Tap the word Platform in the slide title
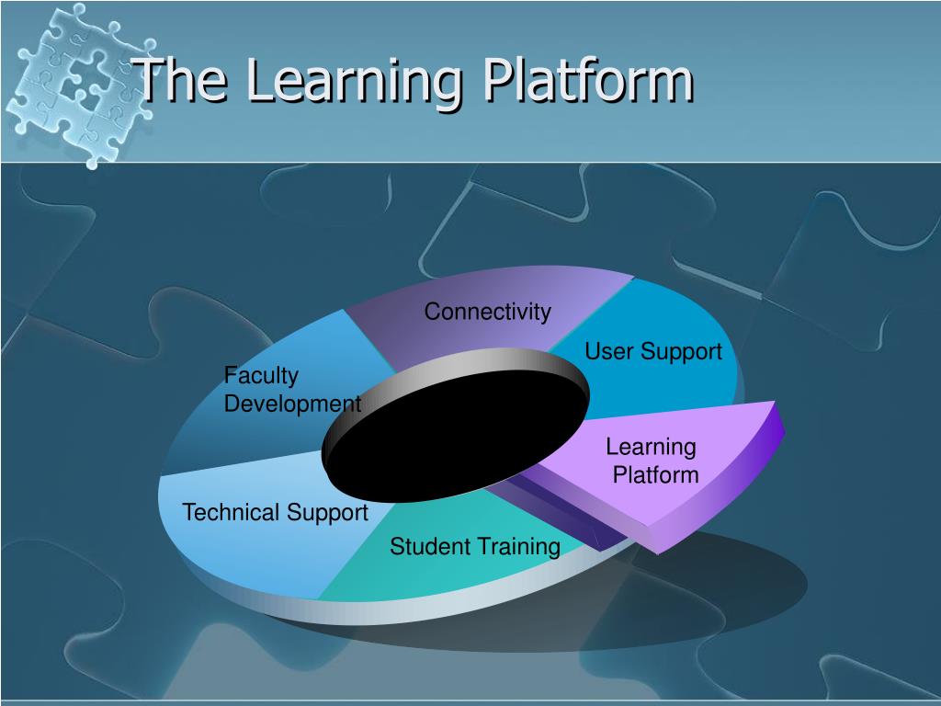pos(588,80)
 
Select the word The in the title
pos(184,80)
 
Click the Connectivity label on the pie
pos(487,313)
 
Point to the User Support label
pos(653,351)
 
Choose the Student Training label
pos(474,547)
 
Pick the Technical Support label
pos(275,512)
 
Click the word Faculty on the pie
pos(261,375)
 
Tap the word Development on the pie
pos(292,404)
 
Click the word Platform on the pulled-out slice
pos(655,475)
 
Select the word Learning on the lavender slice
pos(651,448)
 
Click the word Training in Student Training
pos(519,547)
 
